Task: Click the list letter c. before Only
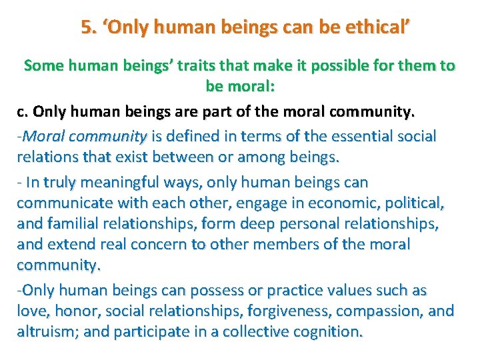[x=23, y=111]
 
